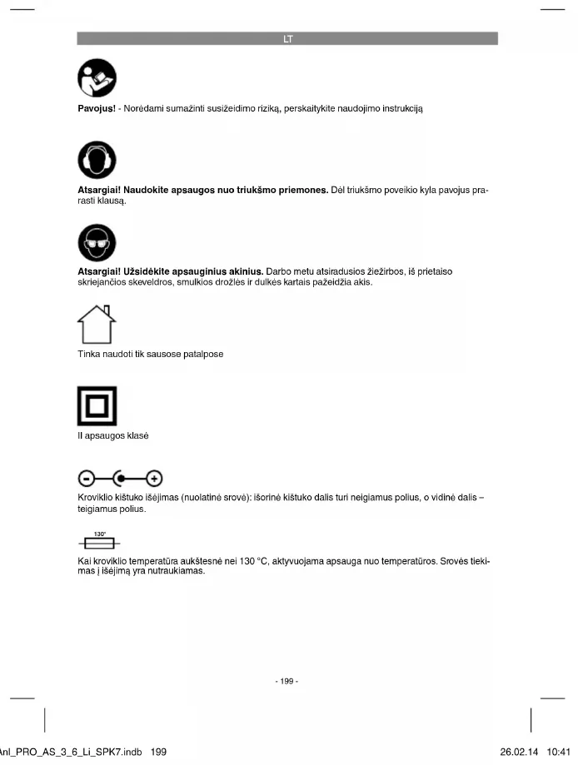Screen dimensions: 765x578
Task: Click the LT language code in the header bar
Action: tap(287, 38)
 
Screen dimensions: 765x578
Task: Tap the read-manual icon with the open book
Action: tap(97, 80)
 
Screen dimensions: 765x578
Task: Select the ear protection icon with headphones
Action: tap(97, 160)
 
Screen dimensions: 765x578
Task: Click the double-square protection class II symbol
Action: tap(97, 405)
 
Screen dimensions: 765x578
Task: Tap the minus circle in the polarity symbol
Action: tap(87, 479)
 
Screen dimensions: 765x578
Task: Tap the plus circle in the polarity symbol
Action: tap(154, 479)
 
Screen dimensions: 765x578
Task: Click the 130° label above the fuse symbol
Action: tap(99, 534)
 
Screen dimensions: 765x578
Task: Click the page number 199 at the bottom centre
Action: tap(287, 682)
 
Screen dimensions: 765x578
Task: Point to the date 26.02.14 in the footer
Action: tap(520, 752)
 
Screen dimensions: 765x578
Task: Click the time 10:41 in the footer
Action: tap(560, 752)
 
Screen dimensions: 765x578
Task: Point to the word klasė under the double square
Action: tap(136, 435)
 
